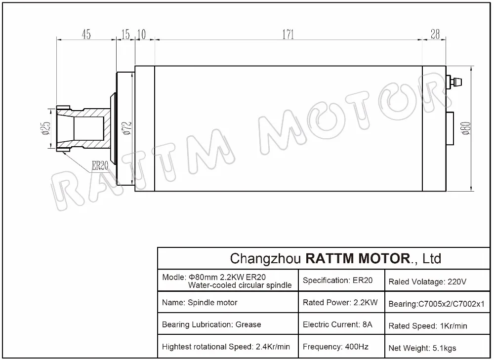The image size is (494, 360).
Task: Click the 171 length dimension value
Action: coord(288,34)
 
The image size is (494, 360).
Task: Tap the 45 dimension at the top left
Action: coord(86,34)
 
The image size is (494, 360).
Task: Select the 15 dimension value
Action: coord(125,34)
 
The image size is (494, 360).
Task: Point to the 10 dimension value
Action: coord(142,34)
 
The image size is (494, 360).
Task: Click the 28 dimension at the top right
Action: coord(435,34)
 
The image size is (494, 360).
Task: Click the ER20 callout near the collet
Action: coord(100,165)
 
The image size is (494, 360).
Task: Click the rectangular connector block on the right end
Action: coord(450,128)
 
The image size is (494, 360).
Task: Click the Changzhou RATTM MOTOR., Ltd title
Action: coord(336,258)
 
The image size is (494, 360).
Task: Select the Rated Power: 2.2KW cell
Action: coord(340,302)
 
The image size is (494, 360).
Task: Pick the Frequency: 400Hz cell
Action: coord(335,347)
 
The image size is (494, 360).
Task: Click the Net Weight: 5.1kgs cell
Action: coord(422,348)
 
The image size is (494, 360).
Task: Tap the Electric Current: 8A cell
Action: coord(337,324)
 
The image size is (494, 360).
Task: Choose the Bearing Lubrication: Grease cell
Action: coord(211,324)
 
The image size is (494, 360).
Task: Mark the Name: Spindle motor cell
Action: coord(200,302)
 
